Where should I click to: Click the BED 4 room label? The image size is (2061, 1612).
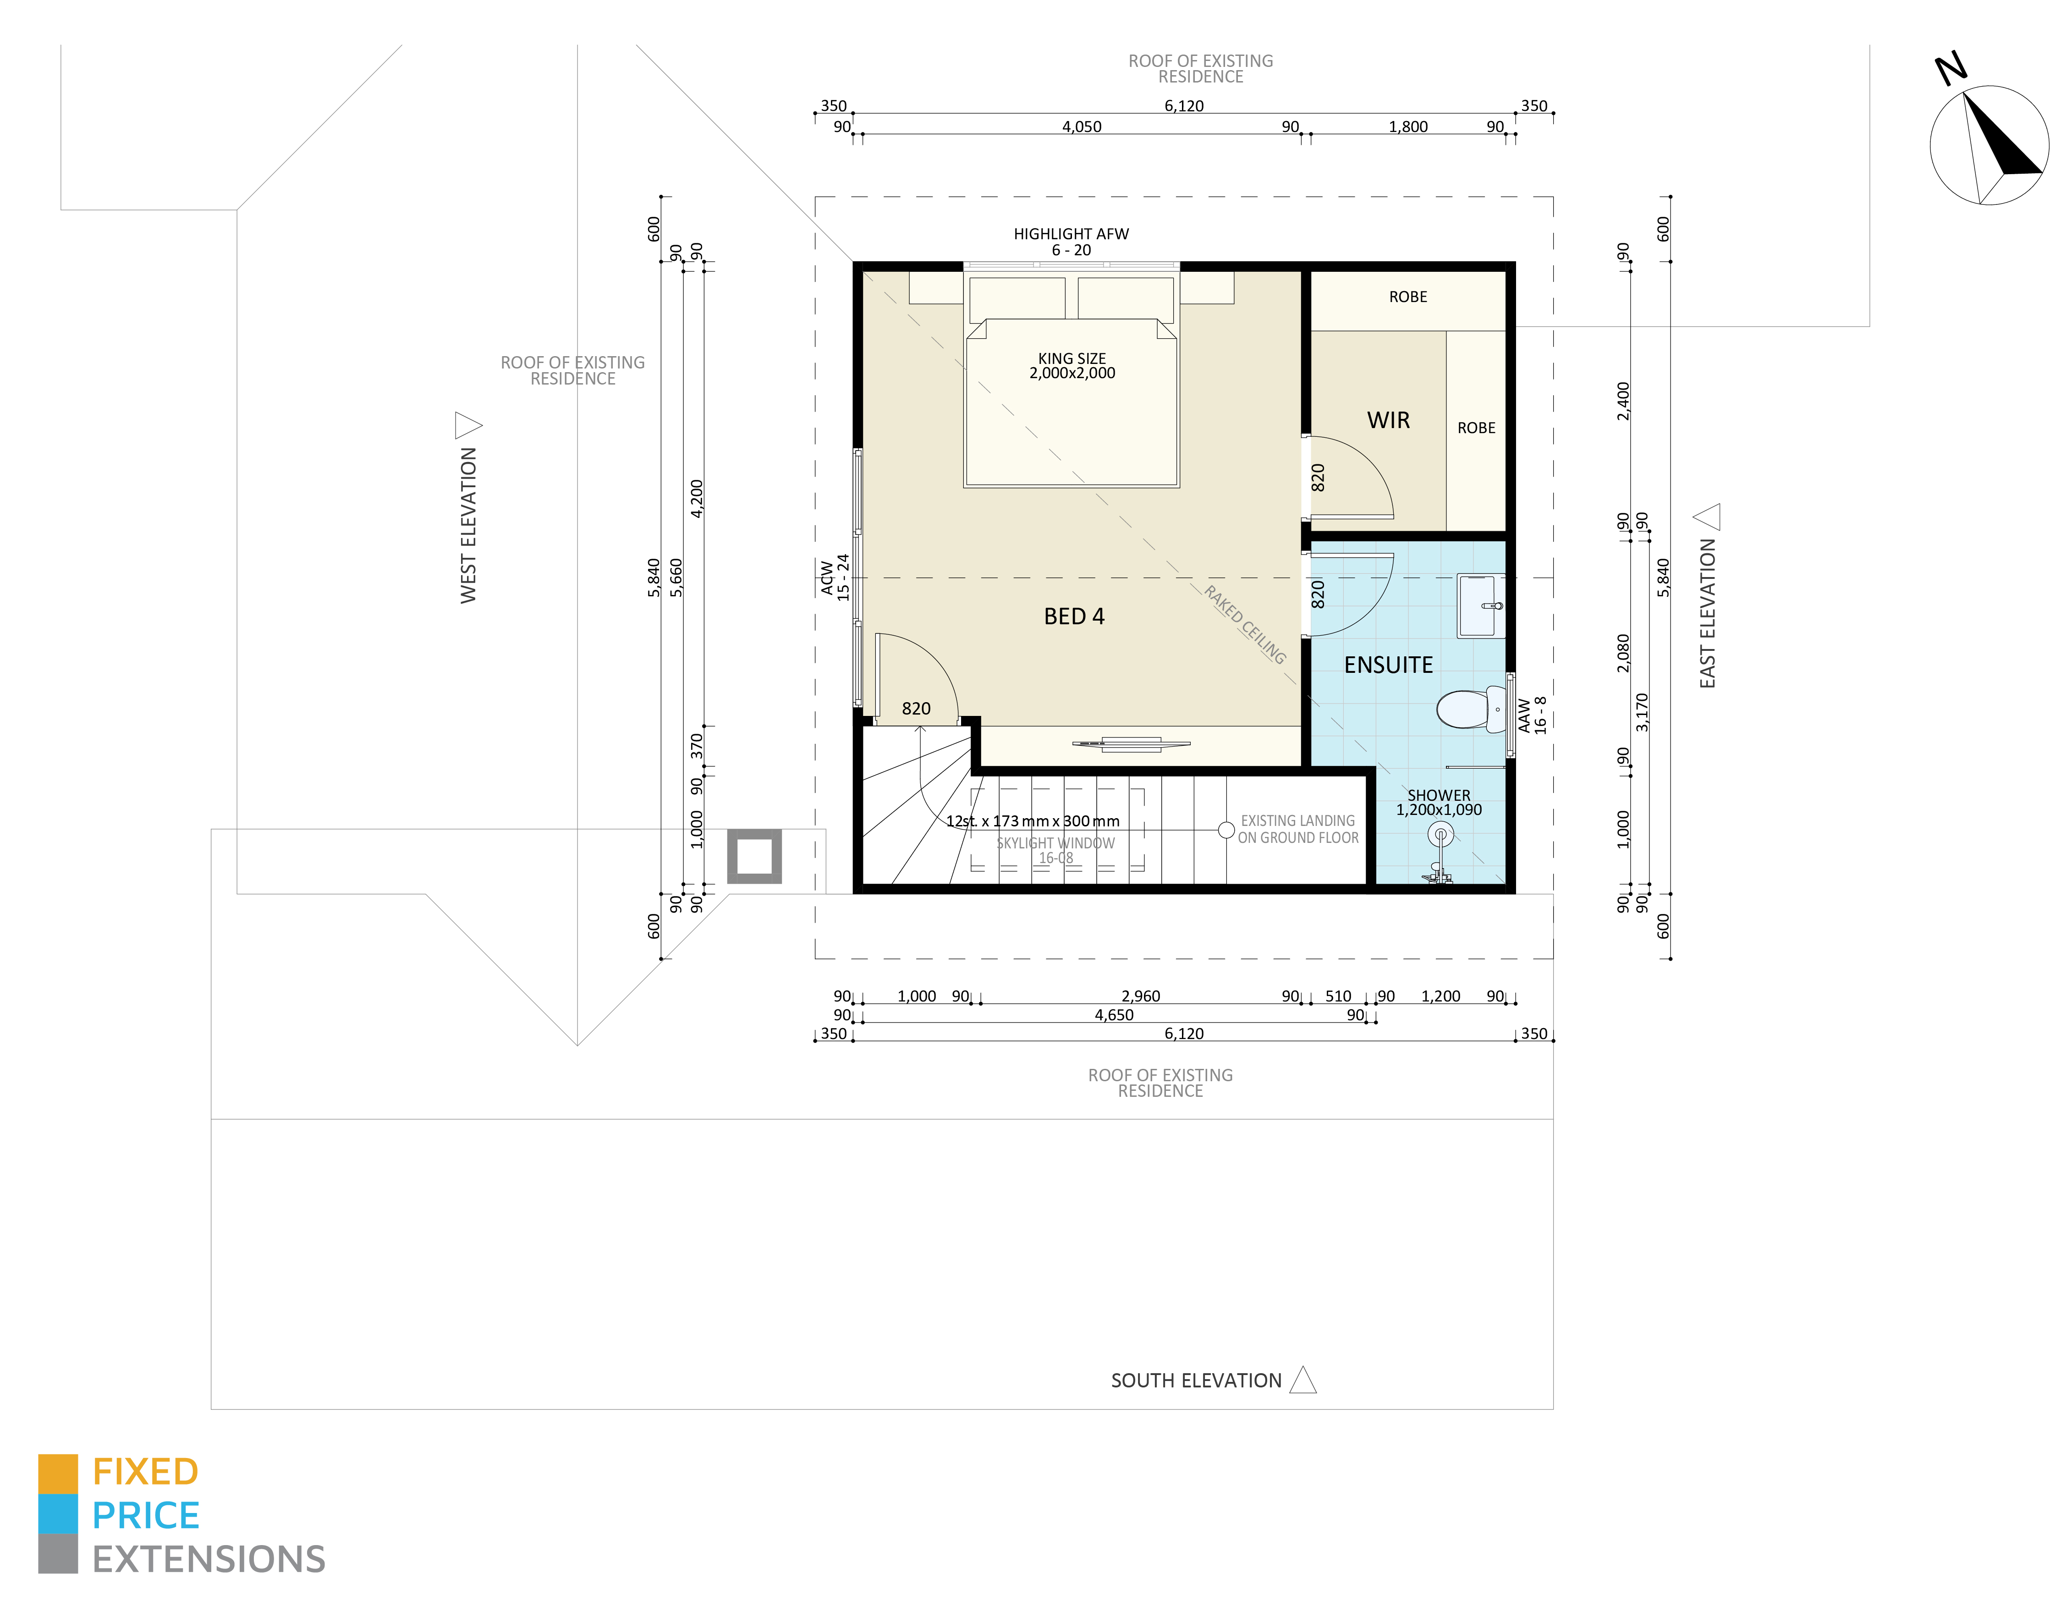[1074, 616]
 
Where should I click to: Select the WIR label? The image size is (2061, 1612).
[1388, 420]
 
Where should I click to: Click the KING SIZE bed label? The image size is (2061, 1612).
[1072, 366]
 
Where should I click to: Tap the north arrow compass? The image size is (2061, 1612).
[1988, 144]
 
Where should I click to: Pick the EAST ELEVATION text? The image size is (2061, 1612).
[1707, 613]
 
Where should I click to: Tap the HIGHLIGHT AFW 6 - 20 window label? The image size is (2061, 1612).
[1071, 242]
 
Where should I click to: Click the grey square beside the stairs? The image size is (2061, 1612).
[754, 857]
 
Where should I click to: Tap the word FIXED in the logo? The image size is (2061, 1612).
[145, 1471]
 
